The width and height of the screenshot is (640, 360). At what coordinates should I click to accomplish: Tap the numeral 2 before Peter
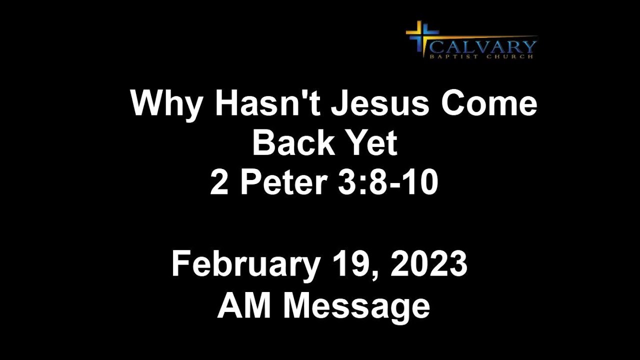218,182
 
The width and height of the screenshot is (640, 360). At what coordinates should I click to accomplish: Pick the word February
245,265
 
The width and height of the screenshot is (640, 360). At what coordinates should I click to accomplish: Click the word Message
356,305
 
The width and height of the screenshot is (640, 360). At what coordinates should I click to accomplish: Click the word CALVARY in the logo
482,47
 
